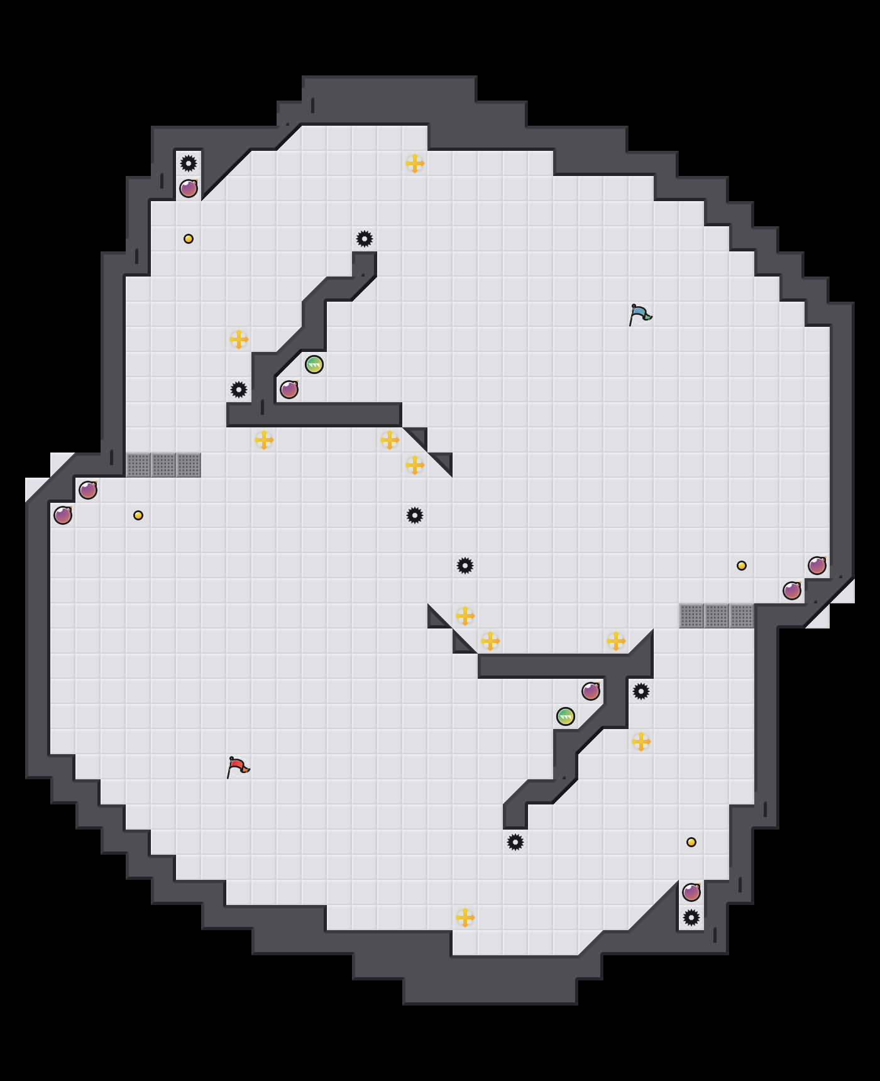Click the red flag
238,767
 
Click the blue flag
640,314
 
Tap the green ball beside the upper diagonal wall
314,365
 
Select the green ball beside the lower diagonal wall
566,716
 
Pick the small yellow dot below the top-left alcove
189,239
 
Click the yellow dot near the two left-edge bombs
138,515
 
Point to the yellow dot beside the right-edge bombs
742,566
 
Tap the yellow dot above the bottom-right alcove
691,842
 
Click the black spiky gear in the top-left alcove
189,163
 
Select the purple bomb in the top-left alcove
189,189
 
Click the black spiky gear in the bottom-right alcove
691,918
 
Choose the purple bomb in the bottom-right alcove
691,892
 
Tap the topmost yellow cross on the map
415,163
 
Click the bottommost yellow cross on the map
465,918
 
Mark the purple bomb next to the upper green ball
289,390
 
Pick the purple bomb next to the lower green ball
591,691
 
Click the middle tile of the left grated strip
163,465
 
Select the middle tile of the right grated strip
717,616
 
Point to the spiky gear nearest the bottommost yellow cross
515,842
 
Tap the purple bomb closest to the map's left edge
63,515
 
